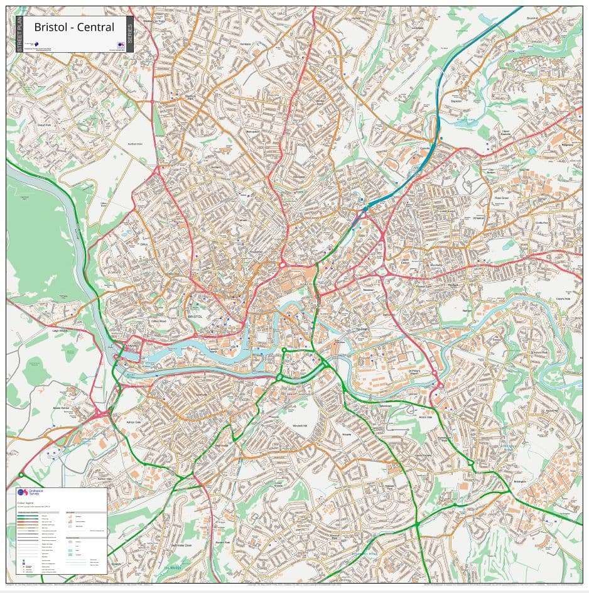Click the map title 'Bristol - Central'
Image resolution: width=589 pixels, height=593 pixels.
tap(74, 27)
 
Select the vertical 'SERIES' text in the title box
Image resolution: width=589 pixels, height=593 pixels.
tap(129, 35)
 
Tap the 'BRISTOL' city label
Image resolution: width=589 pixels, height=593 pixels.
tap(195, 317)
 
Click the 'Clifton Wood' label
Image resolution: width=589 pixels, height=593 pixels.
tap(159, 321)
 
